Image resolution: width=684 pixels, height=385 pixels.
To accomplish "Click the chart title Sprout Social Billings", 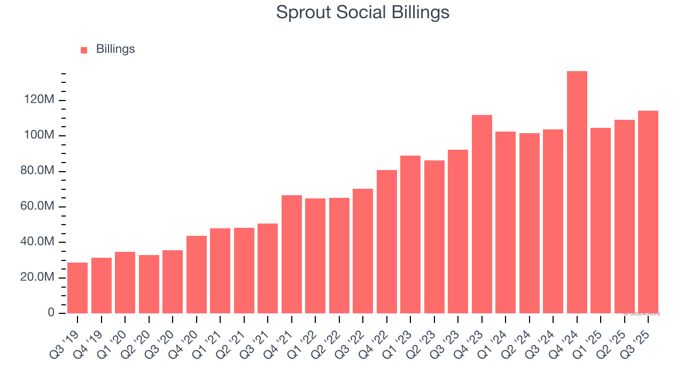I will (x=362, y=12).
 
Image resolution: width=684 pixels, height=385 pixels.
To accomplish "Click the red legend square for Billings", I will (x=84, y=50).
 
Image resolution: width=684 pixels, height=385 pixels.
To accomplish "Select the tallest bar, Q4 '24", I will (x=577, y=192).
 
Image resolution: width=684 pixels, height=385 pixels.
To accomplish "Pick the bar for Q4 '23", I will (x=482, y=214).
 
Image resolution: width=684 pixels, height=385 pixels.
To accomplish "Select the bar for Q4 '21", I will (x=292, y=254).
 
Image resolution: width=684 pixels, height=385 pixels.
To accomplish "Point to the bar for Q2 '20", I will (x=149, y=284).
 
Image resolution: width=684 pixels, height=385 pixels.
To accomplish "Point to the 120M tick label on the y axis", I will (x=38, y=100).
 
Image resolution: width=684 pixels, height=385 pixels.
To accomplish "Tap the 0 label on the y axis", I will (x=51, y=313).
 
